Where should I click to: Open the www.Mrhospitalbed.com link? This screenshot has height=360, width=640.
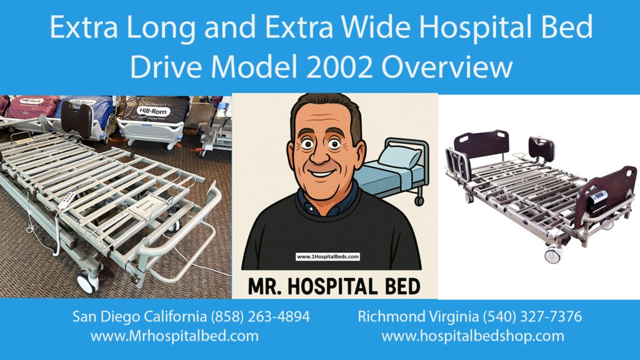click(174, 336)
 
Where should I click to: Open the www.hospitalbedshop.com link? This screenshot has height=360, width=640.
click(472, 336)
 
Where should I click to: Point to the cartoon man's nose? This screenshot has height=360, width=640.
click(327, 157)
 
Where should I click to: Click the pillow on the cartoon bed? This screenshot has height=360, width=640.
click(399, 156)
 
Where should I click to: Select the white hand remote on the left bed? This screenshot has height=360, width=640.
click(67, 206)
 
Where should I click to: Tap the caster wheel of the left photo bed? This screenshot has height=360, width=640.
click(87, 282)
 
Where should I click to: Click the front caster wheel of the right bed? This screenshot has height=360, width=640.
click(553, 255)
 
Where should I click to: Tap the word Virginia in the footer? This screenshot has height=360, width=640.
click(447, 316)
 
